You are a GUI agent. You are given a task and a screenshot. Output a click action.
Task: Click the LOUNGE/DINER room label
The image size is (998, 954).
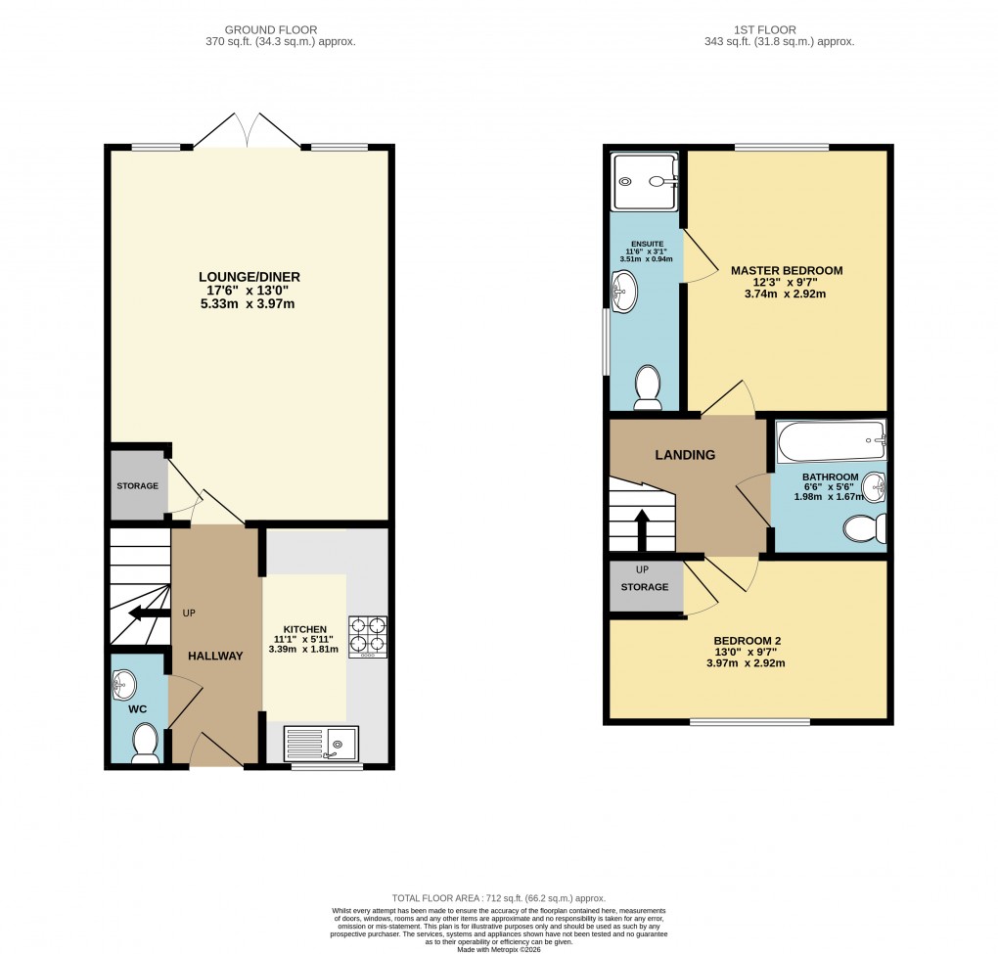tap(249, 277)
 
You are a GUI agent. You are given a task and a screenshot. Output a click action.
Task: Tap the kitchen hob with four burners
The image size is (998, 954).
tap(367, 635)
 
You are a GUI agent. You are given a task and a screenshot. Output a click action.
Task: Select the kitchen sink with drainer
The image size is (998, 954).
tap(321, 744)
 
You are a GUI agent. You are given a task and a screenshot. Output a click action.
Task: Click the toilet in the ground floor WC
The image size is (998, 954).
tap(145, 744)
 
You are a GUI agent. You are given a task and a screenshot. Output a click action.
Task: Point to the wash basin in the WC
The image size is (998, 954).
tap(125, 681)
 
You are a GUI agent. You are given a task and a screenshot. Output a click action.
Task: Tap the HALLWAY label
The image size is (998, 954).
tap(215, 656)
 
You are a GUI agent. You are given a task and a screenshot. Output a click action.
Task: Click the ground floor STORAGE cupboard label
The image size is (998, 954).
tap(138, 485)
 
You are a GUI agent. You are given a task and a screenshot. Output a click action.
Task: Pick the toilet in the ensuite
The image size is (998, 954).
tap(647, 387)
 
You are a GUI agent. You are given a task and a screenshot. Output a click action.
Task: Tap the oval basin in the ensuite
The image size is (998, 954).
tap(623, 290)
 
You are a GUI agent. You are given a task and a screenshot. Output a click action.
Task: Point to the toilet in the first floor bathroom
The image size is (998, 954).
tap(865, 528)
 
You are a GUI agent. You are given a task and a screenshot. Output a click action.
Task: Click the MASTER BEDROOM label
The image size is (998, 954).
tap(786, 270)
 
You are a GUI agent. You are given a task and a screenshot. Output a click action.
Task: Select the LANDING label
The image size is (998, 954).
tap(685, 455)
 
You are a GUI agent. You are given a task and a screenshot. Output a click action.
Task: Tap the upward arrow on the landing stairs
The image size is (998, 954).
tap(642, 526)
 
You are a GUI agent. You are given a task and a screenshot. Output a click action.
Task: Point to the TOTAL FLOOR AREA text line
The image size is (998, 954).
tap(498, 898)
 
